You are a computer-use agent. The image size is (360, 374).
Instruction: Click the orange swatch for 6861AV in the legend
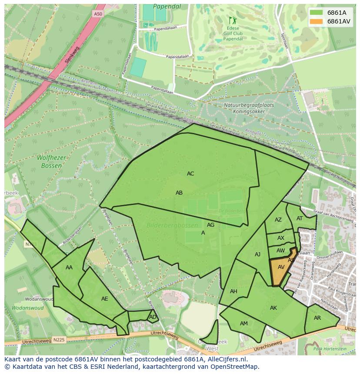pos(317,21)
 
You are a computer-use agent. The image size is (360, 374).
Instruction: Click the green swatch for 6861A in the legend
pos(317,13)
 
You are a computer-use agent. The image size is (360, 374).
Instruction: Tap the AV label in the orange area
pos(281,267)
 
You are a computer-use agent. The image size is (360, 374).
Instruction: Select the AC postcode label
pos(190,174)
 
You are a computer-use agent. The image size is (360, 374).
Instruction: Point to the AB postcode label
pos(179,193)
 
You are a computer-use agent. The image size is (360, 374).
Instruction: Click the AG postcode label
pos(210,225)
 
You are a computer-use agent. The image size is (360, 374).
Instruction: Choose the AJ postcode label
pos(257,255)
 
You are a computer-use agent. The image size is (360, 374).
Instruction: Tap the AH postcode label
pos(233,291)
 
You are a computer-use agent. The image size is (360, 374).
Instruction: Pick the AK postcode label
pos(273,308)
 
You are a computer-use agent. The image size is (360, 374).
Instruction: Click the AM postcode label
pos(243,324)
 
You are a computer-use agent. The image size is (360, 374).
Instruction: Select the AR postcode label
pos(317,318)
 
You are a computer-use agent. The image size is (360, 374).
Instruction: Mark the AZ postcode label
pos(278,220)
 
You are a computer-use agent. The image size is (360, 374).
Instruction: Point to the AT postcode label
pos(300,218)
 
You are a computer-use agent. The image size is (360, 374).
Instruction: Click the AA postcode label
pos(69,268)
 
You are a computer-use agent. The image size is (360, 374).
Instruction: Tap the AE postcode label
pos(104,299)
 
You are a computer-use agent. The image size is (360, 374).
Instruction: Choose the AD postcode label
pos(153,317)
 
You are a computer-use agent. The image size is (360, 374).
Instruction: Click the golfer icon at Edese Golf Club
pos(231,20)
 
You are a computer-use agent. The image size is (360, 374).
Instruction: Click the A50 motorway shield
pos(98,14)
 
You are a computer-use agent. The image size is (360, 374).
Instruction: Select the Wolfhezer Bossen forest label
pos(51,162)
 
